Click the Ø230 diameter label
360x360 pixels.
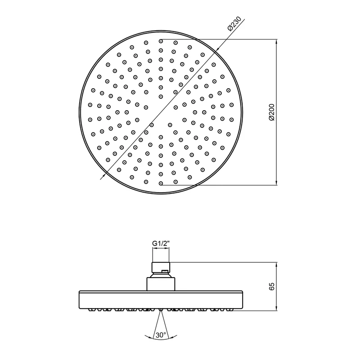tap(234, 23)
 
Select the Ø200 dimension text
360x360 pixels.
tap(272, 112)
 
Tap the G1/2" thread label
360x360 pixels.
tap(161, 243)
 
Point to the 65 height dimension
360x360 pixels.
tap(272, 286)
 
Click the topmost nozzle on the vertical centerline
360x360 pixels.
tap(161, 41)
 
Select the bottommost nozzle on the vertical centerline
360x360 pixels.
tap(161, 183)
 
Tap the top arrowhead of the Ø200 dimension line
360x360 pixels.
tap(276, 41)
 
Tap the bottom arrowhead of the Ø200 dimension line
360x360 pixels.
tap(276, 183)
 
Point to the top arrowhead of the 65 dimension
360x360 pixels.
tap(276, 264)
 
